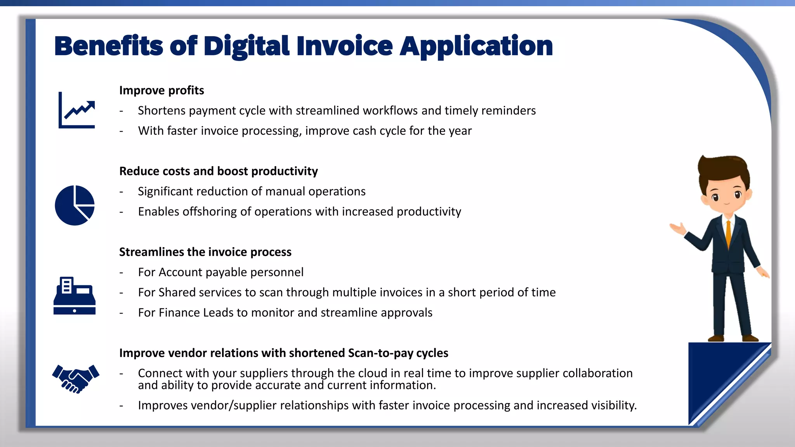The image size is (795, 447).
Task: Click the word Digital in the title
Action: click(x=246, y=47)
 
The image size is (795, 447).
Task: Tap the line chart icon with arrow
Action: click(x=77, y=110)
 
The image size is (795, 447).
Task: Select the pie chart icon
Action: click(x=75, y=205)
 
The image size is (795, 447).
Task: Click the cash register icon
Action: click(x=75, y=296)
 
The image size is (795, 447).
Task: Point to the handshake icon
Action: click(x=76, y=378)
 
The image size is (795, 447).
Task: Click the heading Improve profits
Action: click(x=161, y=90)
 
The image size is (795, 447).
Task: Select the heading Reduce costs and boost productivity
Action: click(x=218, y=171)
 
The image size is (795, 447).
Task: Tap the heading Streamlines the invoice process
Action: click(x=205, y=252)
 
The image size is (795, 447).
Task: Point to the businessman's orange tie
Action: click(x=728, y=233)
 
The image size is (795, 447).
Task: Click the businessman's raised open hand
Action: click(x=678, y=229)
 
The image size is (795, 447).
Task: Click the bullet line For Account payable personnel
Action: click(x=220, y=272)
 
